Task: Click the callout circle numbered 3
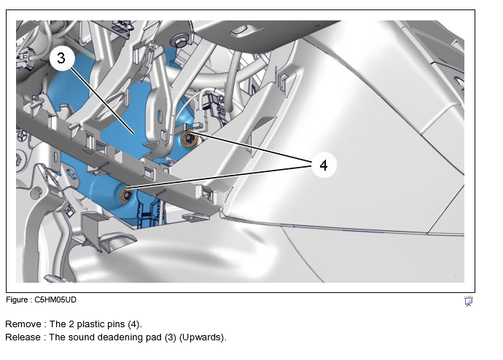pos(61,58)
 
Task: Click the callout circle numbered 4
pos(324,165)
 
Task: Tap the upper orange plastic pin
pos(187,138)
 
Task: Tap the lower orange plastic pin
pos(126,195)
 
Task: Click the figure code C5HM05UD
pos(55,300)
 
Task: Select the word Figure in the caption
pos(17,300)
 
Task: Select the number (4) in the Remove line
pos(134,324)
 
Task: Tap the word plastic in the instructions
pos(91,324)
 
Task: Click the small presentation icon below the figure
pos(468,301)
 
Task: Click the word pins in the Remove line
pos(116,324)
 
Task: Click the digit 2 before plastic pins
pos(71,324)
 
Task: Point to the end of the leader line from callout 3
pos(133,133)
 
